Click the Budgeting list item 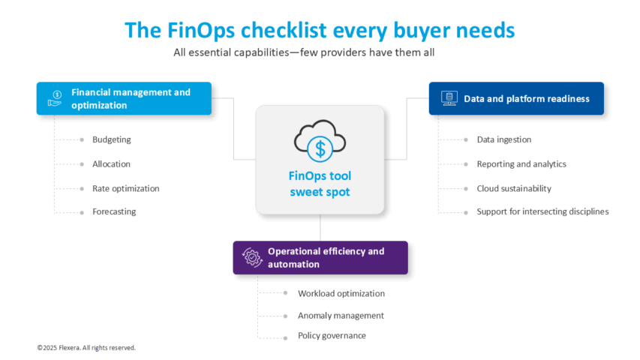[111, 139]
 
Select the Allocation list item [111, 164]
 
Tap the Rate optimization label [125, 188]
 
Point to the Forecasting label [114, 211]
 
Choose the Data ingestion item [503, 139]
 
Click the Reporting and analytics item [521, 164]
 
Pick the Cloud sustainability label [514, 188]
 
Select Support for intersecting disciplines [542, 211]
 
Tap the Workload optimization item [341, 293]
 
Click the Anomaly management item [341, 316]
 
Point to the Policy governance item [332, 335]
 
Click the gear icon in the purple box [251, 256]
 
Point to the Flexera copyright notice [86, 347]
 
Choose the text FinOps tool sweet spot [320, 184]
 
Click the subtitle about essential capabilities [304, 52]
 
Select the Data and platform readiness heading [526, 98]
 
